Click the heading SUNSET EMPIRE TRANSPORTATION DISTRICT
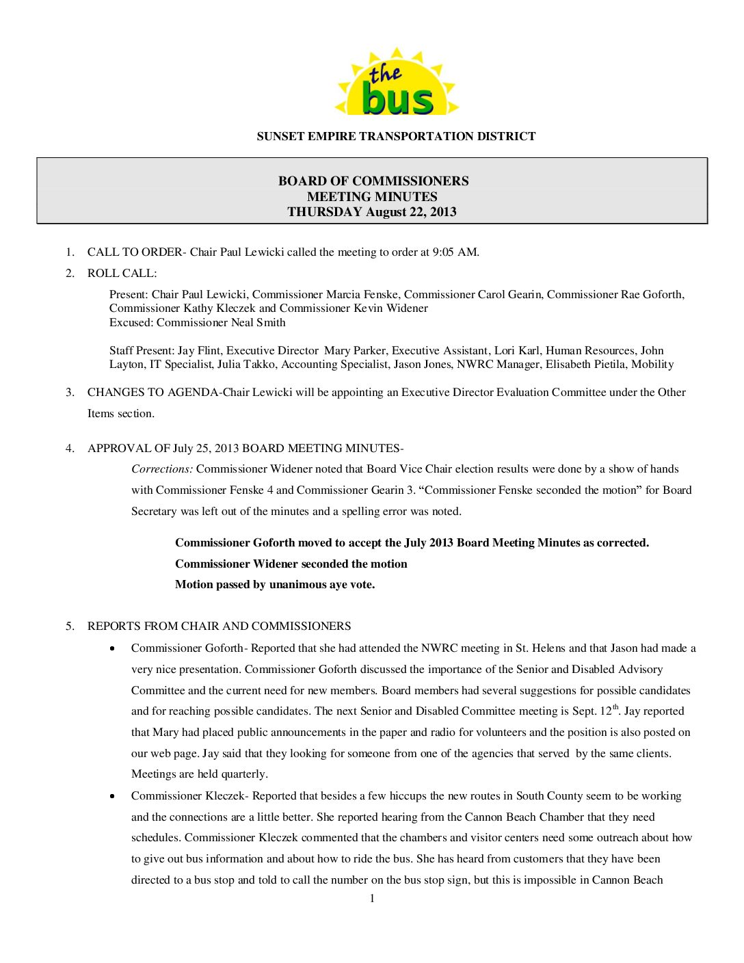396,136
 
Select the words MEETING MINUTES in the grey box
372,196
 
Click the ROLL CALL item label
122,274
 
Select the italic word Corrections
162,469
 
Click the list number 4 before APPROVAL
70,449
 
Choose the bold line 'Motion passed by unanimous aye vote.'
275,585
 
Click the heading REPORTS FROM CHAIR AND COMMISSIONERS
219,626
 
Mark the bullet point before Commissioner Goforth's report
112,648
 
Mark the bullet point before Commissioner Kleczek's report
112,796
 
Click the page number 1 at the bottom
372,899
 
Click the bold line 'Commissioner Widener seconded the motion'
291,564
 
